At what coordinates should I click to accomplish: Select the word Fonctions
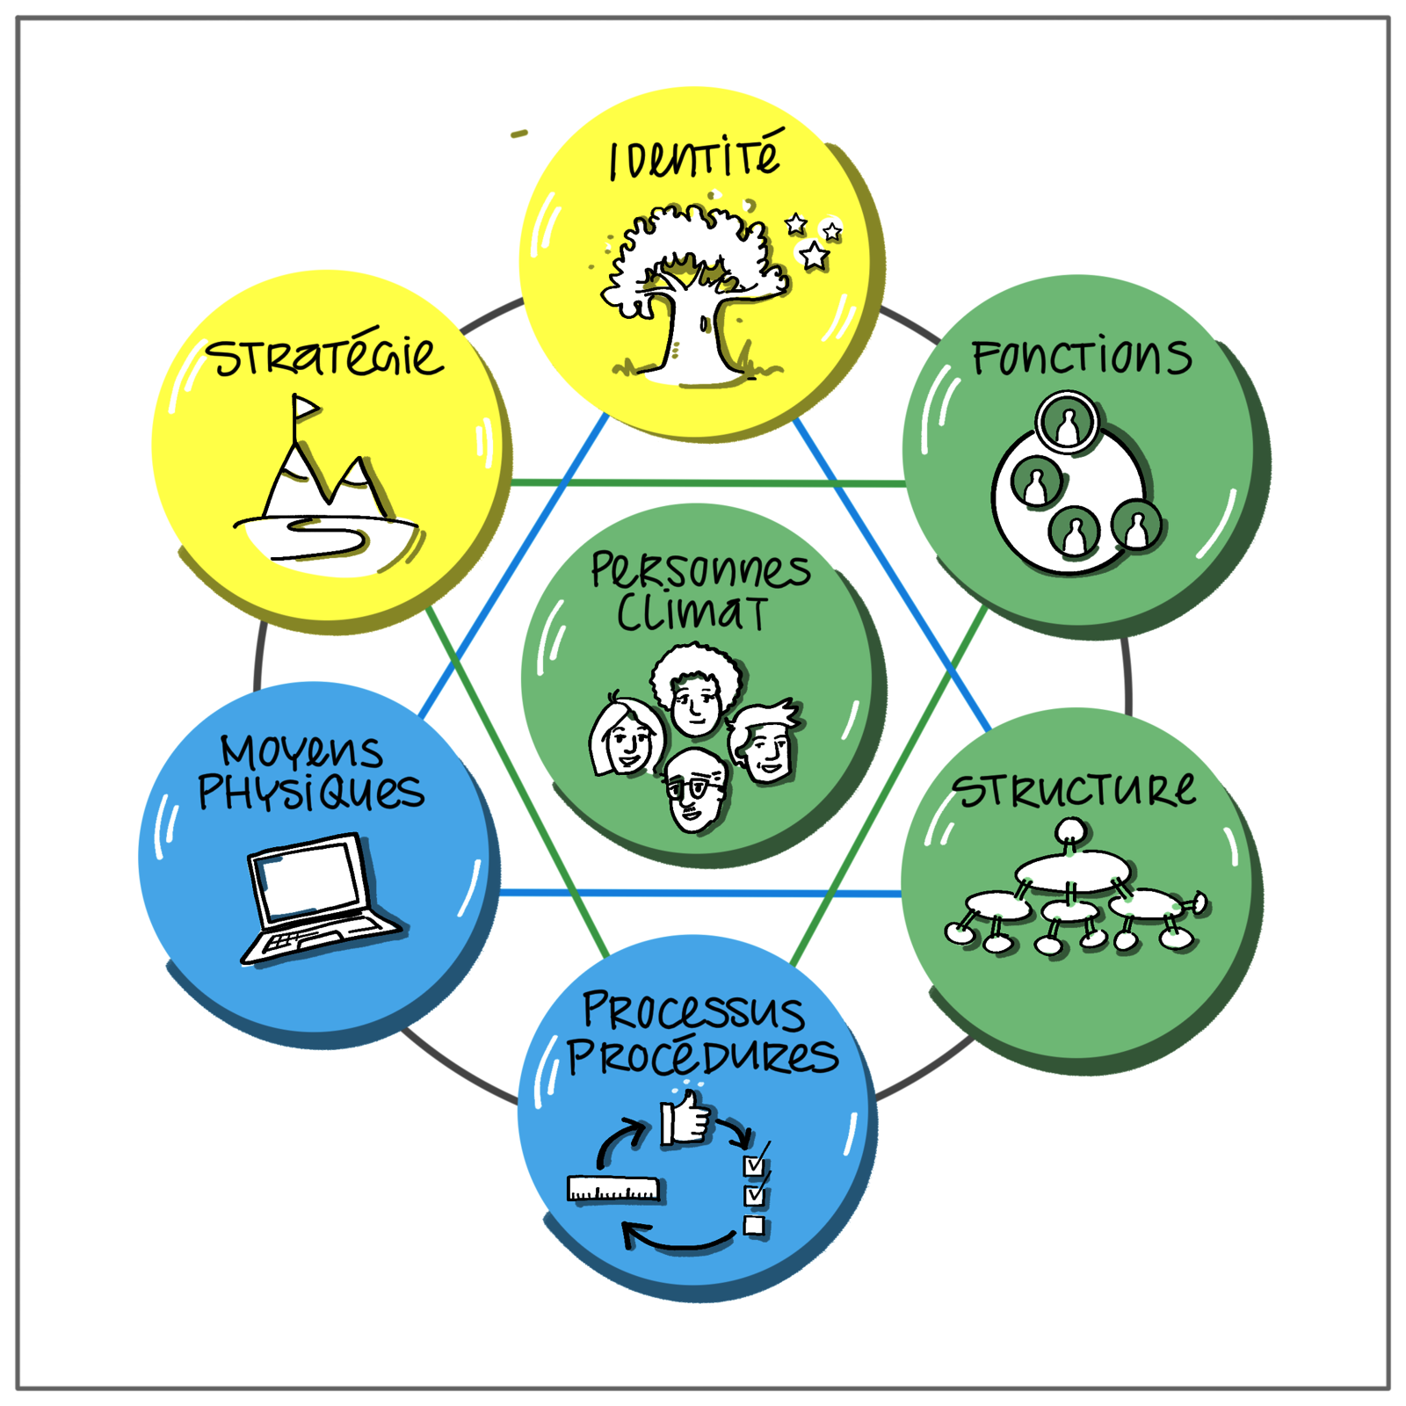pyautogui.click(x=1082, y=358)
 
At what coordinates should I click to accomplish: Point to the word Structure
pyautogui.click(x=1074, y=788)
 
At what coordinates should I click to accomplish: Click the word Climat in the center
pyautogui.click(x=692, y=612)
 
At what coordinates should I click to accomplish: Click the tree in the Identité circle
pyautogui.click(x=694, y=294)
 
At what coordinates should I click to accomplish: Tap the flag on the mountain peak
pyautogui.click(x=304, y=408)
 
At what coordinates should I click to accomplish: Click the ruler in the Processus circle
pyautogui.click(x=613, y=1188)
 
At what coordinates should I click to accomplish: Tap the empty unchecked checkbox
pyautogui.click(x=754, y=1225)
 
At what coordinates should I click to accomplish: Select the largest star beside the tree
pyautogui.click(x=814, y=256)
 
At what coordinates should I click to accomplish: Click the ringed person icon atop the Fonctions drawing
pyautogui.click(x=1067, y=423)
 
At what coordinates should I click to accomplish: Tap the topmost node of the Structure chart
pyautogui.click(x=1070, y=830)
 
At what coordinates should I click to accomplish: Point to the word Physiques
pyautogui.click(x=311, y=792)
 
